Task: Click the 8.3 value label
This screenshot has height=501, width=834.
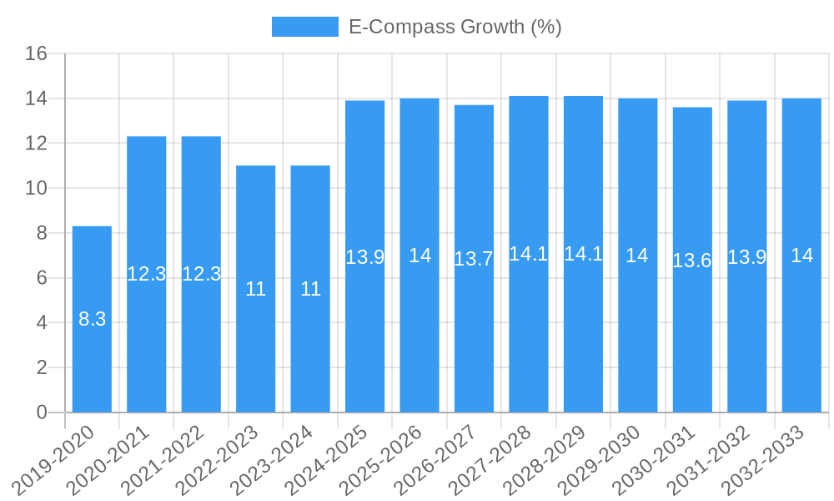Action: [92, 319]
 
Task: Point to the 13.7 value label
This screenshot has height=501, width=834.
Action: [474, 259]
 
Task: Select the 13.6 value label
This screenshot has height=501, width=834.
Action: [692, 261]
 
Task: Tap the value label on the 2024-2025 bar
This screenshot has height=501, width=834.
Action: [364, 257]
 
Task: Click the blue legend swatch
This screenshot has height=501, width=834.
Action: [304, 27]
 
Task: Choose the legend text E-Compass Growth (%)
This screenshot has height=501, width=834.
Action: [455, 27]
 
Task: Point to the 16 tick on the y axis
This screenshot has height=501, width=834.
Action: [37, 54]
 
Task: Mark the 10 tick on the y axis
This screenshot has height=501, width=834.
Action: [37, 189]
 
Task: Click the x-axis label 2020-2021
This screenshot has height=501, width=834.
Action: [108, 458]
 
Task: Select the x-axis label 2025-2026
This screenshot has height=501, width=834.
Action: [381, 458]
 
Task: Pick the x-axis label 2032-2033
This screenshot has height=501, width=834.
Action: [763, 458]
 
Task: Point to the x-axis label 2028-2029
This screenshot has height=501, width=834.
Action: [545, 458]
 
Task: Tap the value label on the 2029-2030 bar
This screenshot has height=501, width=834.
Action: [637, 256]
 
